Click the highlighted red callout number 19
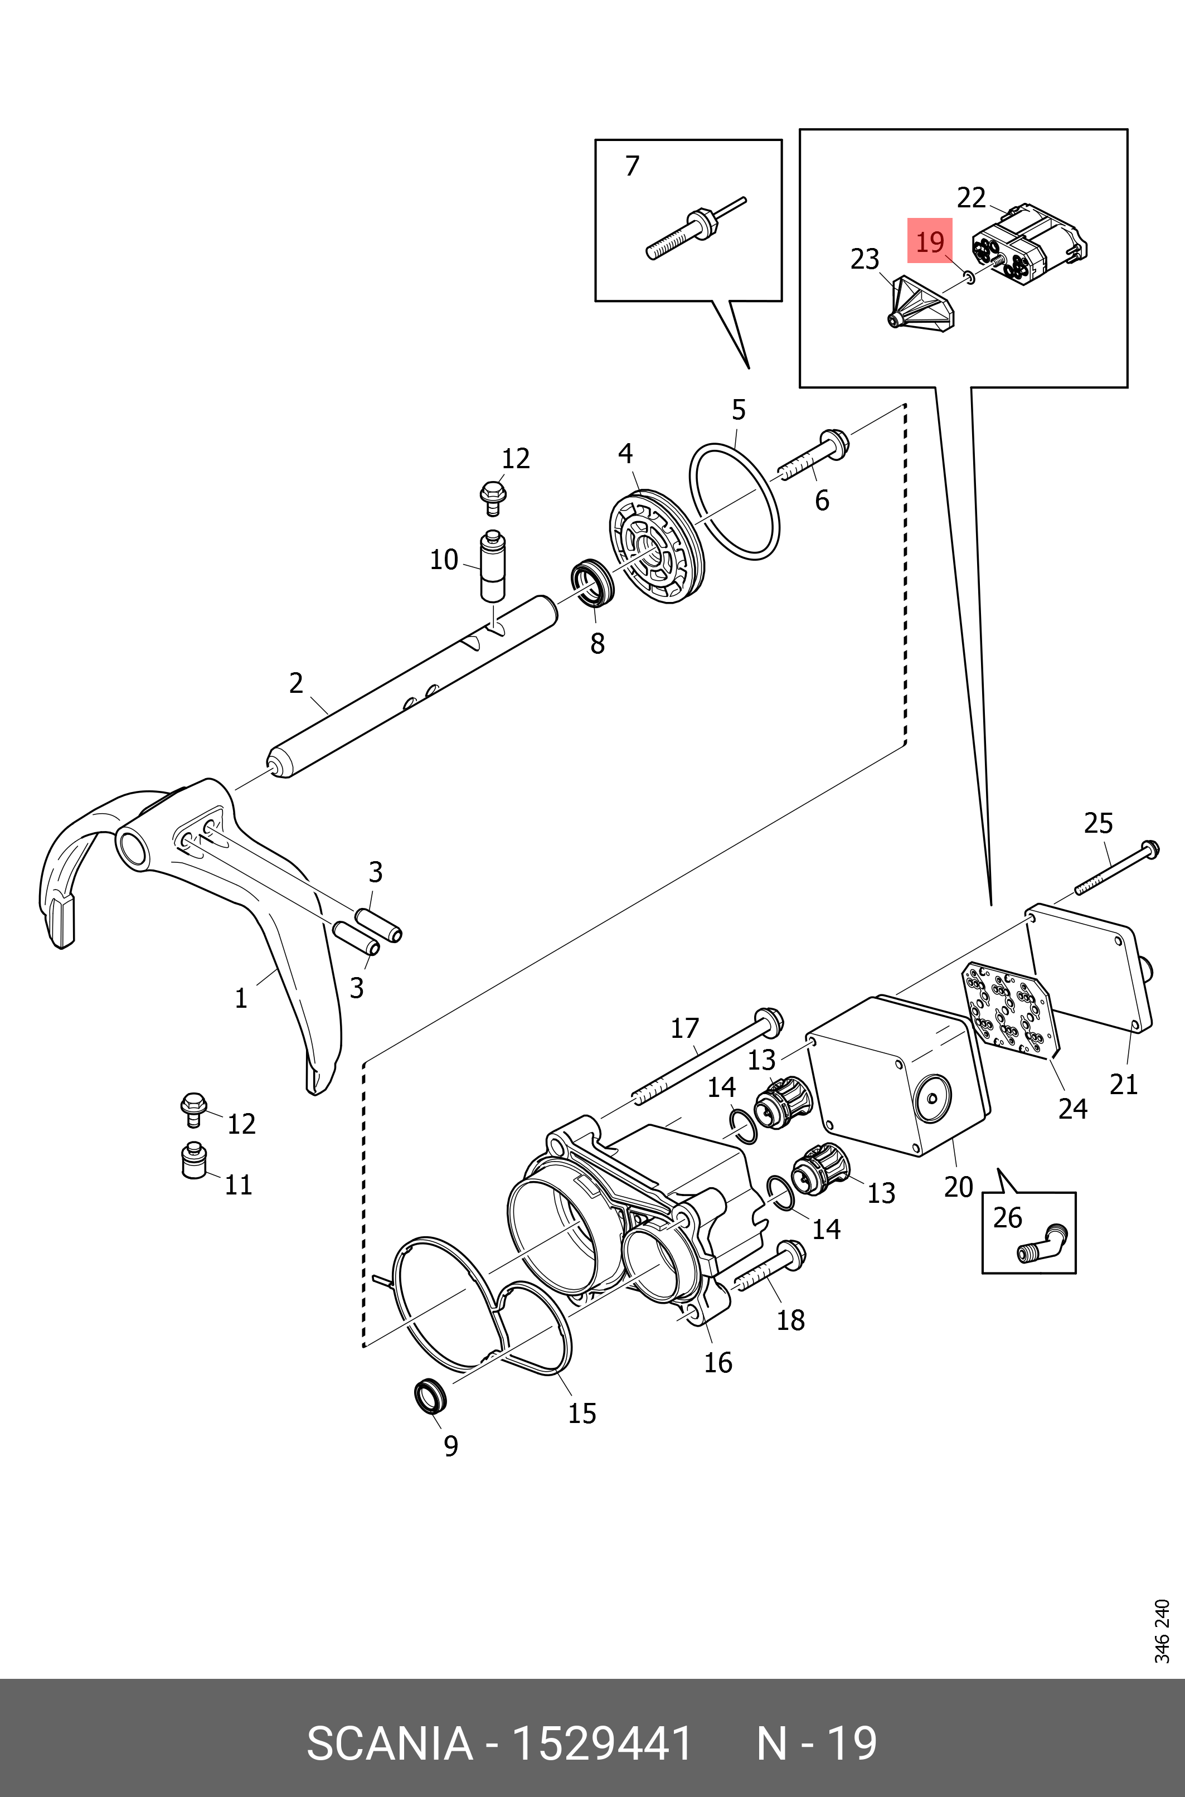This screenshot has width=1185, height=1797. tap(930, 242)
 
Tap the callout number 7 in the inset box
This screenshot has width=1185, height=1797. tap(633, 166)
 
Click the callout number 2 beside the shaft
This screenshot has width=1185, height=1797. tap(297, 683)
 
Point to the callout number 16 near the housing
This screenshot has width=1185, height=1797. tap(718, 1362)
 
